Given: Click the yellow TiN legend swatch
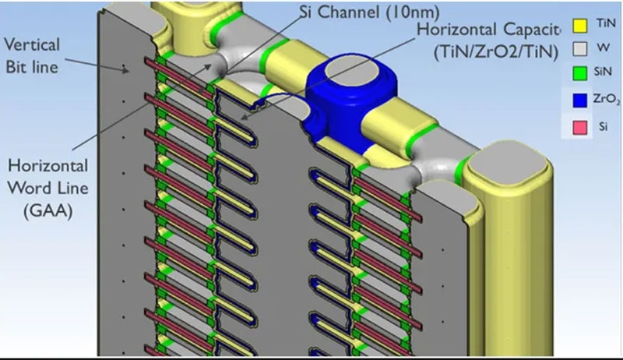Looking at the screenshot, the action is click(579, 26).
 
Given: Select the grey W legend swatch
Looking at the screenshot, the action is click(579, 49).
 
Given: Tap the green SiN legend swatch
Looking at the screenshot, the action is click(579, 73).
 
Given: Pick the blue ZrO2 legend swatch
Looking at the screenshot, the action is click(579, 101).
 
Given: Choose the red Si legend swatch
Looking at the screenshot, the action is click(579, 128).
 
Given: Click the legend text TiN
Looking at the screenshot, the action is click(607, 23).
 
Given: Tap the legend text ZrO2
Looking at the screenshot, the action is click(607, 99).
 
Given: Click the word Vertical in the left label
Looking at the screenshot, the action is click(32, 44).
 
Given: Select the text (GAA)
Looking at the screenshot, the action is click(48, 210).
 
